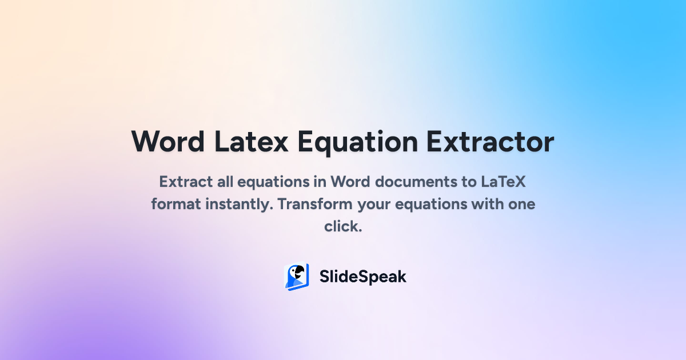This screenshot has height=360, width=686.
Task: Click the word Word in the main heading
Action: [168, 141]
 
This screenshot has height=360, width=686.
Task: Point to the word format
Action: [174, 204]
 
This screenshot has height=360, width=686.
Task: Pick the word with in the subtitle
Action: [488, 204]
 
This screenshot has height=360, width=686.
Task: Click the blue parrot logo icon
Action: [297, 277]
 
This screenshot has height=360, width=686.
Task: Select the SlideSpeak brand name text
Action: [362, 277]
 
